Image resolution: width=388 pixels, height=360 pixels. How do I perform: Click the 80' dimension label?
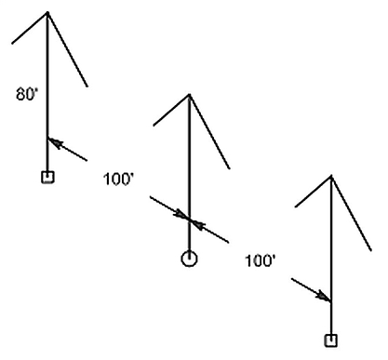tap(27, 94)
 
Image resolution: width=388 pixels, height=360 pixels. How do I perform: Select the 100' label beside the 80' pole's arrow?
tap(118, 180)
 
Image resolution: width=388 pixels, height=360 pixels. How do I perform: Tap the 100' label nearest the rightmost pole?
tap(260, 261)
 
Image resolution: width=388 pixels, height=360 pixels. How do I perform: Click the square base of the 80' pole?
tap(47, 177)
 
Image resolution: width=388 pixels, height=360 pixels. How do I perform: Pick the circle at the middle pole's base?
tap(189, 259)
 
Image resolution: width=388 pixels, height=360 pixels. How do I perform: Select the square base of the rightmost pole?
tap(331, 340)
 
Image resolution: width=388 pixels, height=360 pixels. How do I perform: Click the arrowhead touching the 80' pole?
tap(55, 142)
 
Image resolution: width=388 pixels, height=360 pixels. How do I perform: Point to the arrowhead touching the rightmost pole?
tap(324, 297)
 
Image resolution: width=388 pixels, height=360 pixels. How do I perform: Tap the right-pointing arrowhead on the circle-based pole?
tap(182, 215)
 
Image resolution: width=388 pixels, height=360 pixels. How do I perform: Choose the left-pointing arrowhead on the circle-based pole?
tap(197, 224)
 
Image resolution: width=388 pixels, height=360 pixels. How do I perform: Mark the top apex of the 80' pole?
tap(47, 13)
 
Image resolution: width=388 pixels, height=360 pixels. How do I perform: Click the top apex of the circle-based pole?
tap(189, 95)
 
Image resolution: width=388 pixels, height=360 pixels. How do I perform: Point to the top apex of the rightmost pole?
tap(331, 177)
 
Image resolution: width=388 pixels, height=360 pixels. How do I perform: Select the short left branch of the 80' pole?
tap(30, 28)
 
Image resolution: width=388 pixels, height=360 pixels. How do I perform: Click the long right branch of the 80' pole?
tap(68, 49)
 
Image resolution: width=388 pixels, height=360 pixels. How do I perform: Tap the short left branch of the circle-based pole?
tap(171, 110)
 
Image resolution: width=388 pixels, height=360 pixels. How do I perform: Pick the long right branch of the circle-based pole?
tap(209, 132)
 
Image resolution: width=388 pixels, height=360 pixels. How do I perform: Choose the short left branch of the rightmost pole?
tap(314, 192)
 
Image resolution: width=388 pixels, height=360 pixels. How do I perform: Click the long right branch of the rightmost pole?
tap(352, 213)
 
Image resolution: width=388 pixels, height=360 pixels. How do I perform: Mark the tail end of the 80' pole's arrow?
tap(87, 160)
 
